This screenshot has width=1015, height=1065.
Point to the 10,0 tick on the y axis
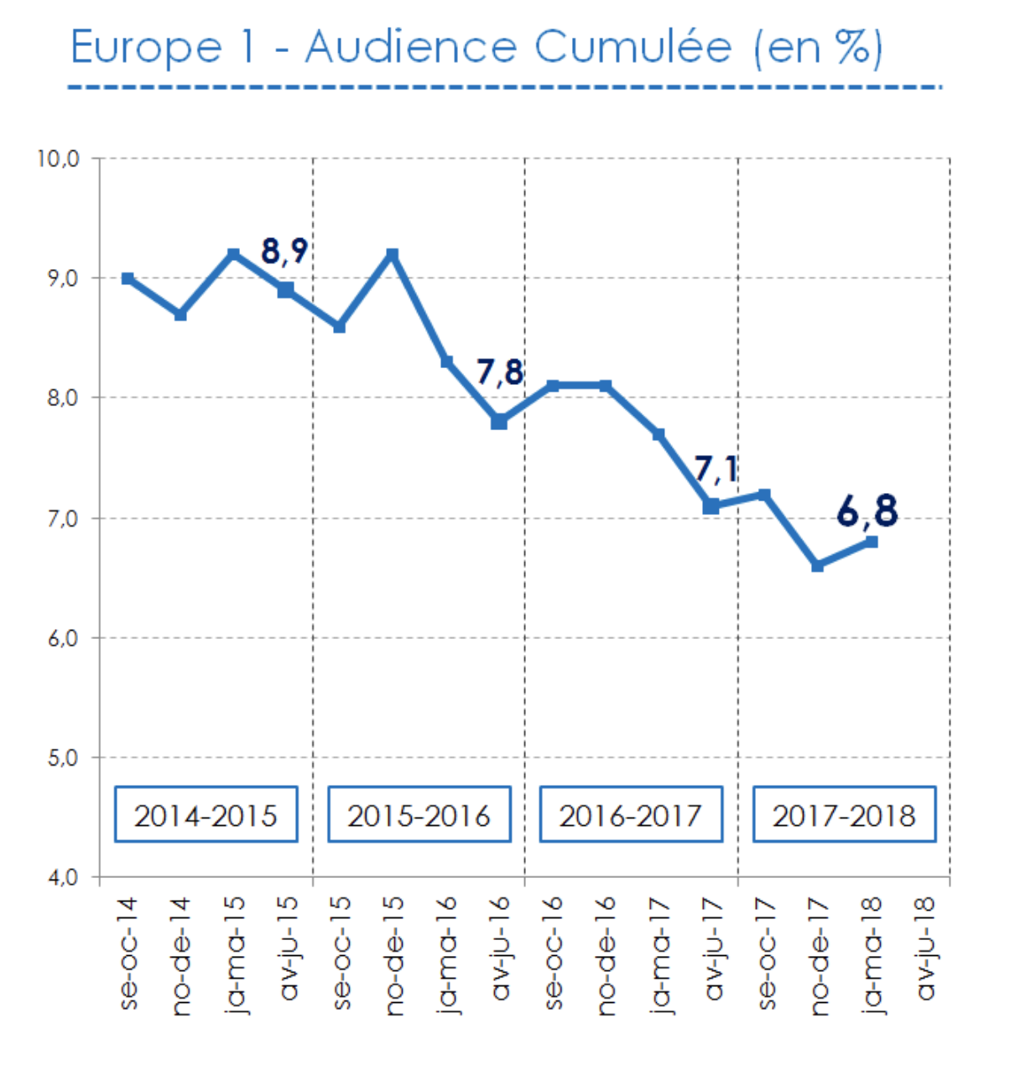(x=59, y=158)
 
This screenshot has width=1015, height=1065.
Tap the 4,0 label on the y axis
(x=59, y=878)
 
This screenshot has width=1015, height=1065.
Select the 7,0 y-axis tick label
(x=59, y=518)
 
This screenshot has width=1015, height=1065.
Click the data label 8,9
(x=284, y=251)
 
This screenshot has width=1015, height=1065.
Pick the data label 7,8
(x=500, y=371)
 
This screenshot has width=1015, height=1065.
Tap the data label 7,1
(x=716, y=470)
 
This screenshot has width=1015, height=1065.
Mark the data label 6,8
(x=867, y=511)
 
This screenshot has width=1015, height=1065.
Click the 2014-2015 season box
(x=206, y=814)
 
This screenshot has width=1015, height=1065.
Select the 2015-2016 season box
(x=419, y=814)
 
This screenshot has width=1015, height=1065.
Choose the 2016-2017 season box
(x=631, y=814)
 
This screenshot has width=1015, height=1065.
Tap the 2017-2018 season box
(x=844, y=814)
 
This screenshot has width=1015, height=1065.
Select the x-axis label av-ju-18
(x=925, y=948)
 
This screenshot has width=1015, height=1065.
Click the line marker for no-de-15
(x=393, y=254)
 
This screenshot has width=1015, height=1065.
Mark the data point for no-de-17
(x=818, y=566)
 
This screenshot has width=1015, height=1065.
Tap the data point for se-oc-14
(x=128, y=278)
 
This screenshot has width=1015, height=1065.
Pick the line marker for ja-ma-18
(x=872, y=542)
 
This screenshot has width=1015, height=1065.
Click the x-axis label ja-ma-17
(x=659, y=954)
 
